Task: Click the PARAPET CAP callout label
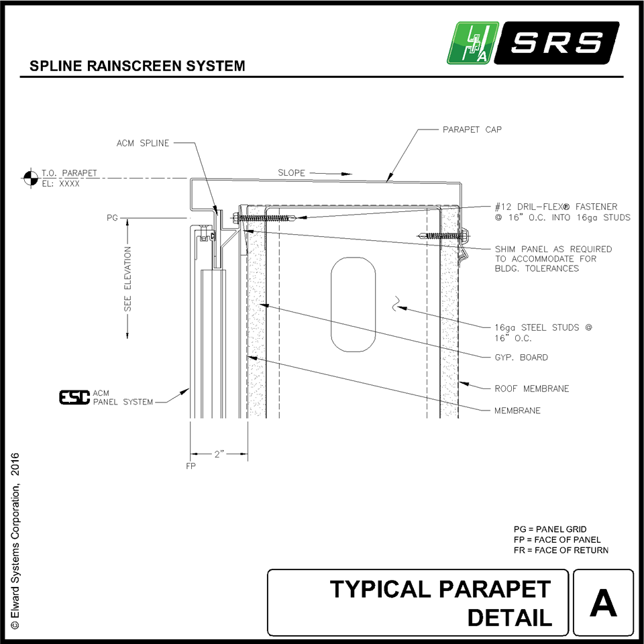[472, 129]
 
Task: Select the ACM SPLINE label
[143, 143]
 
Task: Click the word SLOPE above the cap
[292, 173]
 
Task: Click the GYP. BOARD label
[521, 358]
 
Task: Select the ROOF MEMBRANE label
[531, 388]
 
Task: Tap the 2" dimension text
[219, 454]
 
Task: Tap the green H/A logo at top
[473, 44]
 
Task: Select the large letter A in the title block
[603, 603]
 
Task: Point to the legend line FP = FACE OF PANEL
[557, 540]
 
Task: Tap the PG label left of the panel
[112, 218]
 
